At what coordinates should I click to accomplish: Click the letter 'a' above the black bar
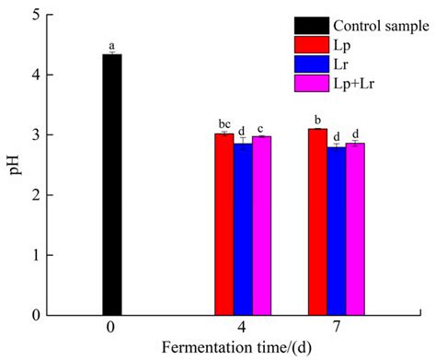click(111, 45)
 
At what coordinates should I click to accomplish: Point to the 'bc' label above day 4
click(223, 123)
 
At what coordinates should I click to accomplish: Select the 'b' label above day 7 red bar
click(317, 119)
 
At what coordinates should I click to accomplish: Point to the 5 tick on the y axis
click(36, 15)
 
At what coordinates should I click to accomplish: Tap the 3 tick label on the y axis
click(36, 135)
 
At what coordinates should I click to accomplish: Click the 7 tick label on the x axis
click(337, 330)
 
